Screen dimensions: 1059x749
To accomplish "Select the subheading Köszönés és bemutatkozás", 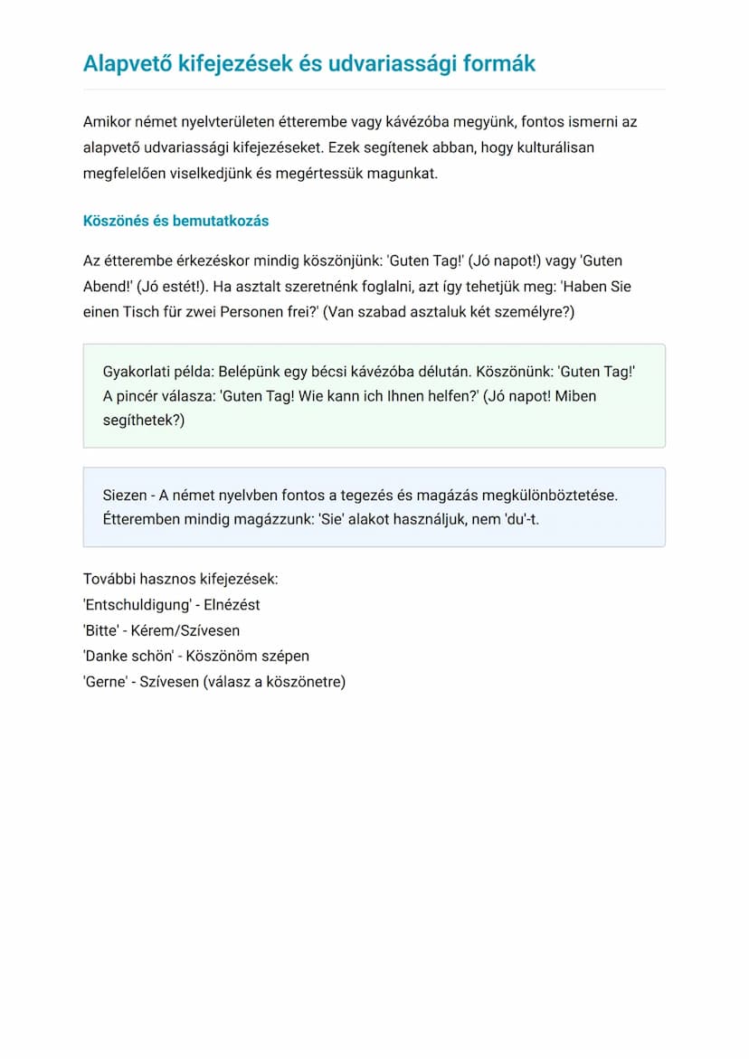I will tap(175, 221).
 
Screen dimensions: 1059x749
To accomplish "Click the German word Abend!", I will tap(108, 287).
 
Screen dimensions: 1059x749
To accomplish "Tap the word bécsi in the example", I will tap(359, 372).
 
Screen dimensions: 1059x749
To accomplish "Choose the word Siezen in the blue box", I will tap(125, 496).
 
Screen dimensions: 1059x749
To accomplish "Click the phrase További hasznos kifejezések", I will tap(181, 579).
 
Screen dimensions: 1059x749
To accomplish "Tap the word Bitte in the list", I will tap(101, 630).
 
